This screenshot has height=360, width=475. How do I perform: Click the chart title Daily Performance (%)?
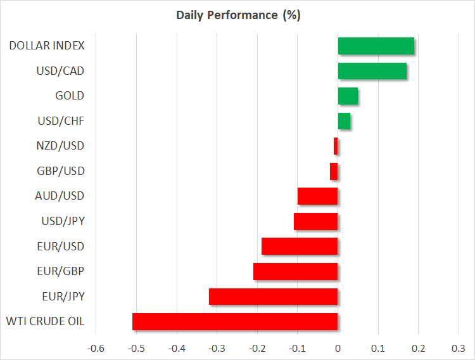point(237,15)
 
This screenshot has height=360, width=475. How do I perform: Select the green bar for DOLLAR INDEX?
point(376,46)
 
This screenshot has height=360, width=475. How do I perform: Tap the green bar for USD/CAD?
point(372,71)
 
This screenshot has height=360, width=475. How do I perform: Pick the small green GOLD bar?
point(348,96)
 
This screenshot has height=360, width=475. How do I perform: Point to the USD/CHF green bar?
point(344,121)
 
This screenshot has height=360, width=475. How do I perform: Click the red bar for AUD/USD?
point(317,196)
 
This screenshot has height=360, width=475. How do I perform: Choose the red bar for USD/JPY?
point(315,221)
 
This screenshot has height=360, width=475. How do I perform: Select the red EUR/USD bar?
point(299,247)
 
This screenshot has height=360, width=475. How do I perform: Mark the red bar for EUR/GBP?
point(295,271)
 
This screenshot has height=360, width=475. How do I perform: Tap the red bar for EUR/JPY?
point(273,297)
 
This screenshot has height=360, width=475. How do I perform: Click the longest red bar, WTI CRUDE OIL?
point(234,322)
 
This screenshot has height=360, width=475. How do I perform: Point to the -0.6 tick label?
point(96,348)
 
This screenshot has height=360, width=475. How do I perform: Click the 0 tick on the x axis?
point(338,348)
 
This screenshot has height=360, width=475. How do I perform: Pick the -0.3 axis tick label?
point(217,348)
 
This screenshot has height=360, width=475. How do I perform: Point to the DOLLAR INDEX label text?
point(47,46)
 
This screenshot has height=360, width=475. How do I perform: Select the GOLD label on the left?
point(70,96)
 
